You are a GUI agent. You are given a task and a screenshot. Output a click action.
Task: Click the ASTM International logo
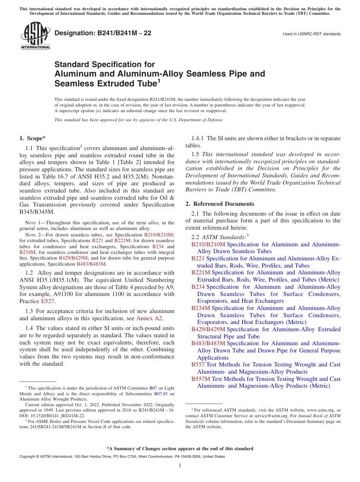coord(35,36)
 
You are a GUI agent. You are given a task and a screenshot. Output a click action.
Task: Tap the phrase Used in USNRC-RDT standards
coord(311,34)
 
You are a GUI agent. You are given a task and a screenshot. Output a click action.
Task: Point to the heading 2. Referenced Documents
coord(220,204)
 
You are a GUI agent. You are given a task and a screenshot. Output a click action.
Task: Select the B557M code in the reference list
coord(200,379)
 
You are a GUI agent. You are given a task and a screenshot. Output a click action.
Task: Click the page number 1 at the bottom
coord(180,465)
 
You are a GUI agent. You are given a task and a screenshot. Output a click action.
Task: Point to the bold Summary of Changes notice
coord(180,449)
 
